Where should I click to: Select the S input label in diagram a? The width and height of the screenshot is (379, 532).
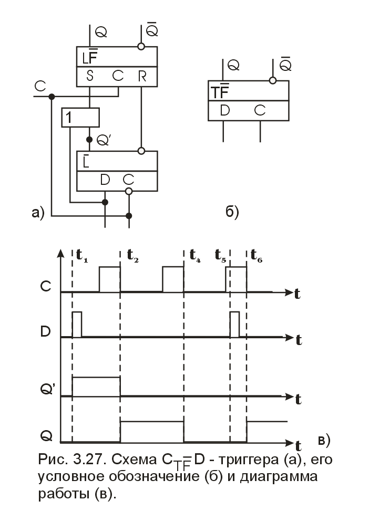[x=90, y=76]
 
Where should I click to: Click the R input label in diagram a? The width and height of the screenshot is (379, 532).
[x=141, y=76]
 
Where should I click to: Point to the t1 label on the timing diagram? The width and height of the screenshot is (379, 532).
[x=82, y=256]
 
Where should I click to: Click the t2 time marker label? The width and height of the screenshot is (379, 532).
[x=133, y=256]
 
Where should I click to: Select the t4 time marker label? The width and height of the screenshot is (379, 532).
[x=195, y=256]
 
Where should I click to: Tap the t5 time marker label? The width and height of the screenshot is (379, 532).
[x=221, y=256]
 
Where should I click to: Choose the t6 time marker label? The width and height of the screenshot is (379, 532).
[x=257, y=256]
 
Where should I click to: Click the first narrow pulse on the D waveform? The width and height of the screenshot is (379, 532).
[x=77, y=325]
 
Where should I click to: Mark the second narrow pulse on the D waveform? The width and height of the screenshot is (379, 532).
[x=234, y=325]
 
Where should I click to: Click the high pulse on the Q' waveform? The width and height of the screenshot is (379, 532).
[x=96, y=386]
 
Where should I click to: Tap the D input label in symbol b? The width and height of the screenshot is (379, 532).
[x=226, y=111]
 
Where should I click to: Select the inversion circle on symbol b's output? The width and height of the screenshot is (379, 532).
[x=272, y=80]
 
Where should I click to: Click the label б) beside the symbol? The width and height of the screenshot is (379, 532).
[x=232, y=212]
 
